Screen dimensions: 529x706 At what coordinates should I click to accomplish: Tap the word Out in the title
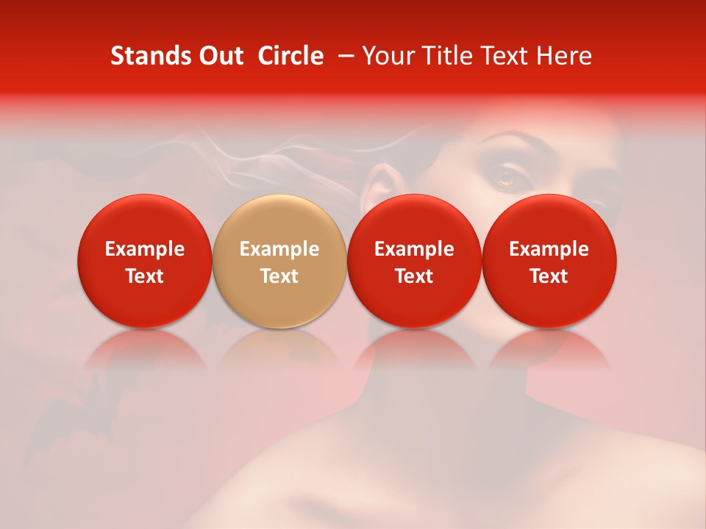click(220, 56)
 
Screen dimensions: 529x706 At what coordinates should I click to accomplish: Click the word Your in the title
click(388, 56)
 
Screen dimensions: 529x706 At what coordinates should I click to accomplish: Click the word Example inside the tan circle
click(279, 250)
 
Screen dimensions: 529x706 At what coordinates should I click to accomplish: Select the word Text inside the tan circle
click(279, 276)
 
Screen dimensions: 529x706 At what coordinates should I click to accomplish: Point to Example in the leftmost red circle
click(144, 250)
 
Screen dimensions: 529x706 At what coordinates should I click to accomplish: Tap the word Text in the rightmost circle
click(549, 276)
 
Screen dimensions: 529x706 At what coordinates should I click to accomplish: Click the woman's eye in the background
click(507, 176)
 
